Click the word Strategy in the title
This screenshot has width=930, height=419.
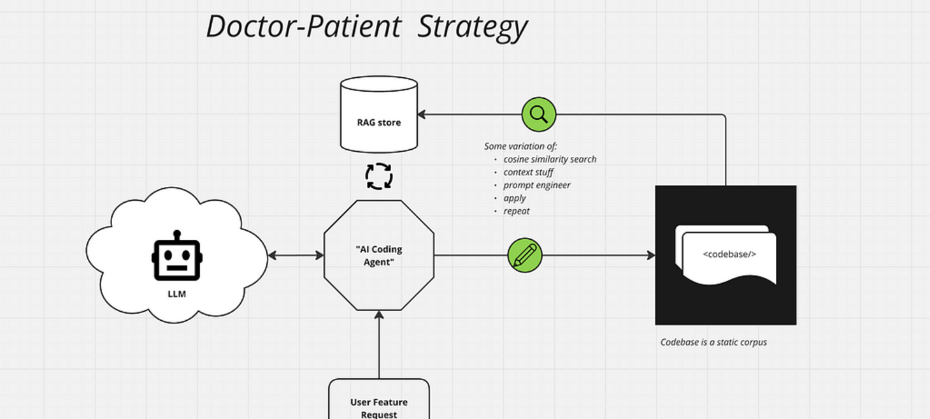tap(472, 27)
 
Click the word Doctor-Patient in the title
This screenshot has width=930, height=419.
tap(303, 27)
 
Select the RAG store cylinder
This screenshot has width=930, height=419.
tap(379, 115)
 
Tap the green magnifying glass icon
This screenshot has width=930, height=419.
tap(539, 115)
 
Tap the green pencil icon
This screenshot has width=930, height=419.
tap(525, 255)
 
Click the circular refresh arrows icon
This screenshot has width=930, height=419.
tap(379, 176)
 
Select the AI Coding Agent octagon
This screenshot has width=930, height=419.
tap(379, 255)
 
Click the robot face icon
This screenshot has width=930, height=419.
tap(177, 256)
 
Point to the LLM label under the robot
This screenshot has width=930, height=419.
tap(177, 294)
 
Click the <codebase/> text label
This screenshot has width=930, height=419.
tap(729, 254)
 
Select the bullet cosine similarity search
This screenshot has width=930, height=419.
tap(550, 159)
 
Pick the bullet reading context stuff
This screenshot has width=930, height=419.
tap(528, 172)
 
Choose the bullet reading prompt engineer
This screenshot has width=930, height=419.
tap(537, 185)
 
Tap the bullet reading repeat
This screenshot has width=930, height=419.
tap(517, 211)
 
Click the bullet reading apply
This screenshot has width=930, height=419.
tap(515, 198)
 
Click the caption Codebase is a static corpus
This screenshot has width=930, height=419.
tap(713, 342)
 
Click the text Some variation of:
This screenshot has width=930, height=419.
tap(520, 146)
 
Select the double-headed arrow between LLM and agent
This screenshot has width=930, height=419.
tap(296, 256)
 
